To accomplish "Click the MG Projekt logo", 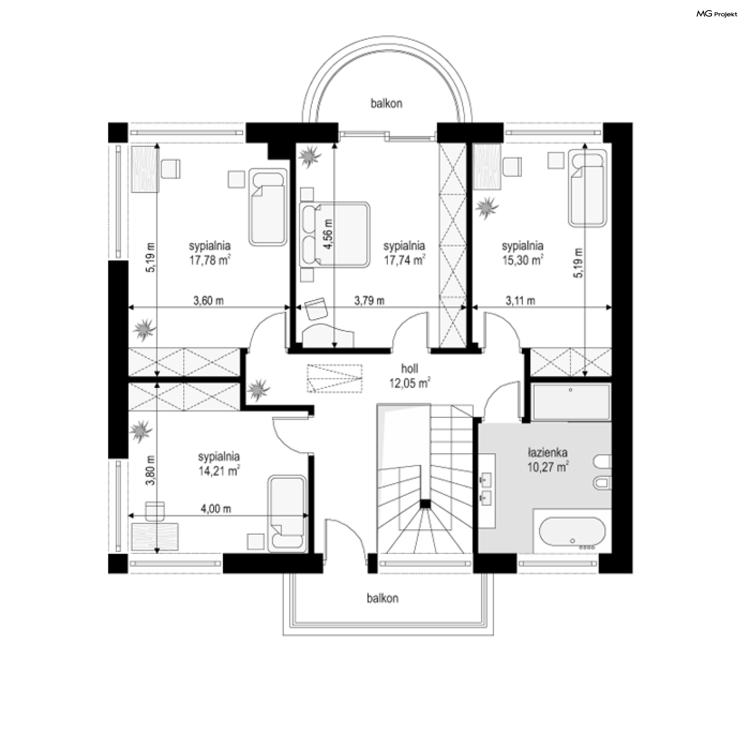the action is (x=717, y=14).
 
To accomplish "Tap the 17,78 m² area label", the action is (x=209, y=260).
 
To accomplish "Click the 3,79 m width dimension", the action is (x=369, y=300).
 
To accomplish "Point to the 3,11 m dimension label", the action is (x=520, y=300).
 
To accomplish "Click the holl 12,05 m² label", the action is (x=409, y=375).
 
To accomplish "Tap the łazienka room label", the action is (x=547, y=453).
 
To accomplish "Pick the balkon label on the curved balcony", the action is (x=386, y=104).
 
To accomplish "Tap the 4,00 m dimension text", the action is (x=216, y=509).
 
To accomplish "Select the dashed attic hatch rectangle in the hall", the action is (x=334, y=378).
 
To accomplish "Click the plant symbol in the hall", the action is (x=259, y=389).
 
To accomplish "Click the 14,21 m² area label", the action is (x=219, y=471).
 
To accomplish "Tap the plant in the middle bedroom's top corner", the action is (x=310, y=156).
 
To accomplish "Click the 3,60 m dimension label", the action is (x=209, y=300).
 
